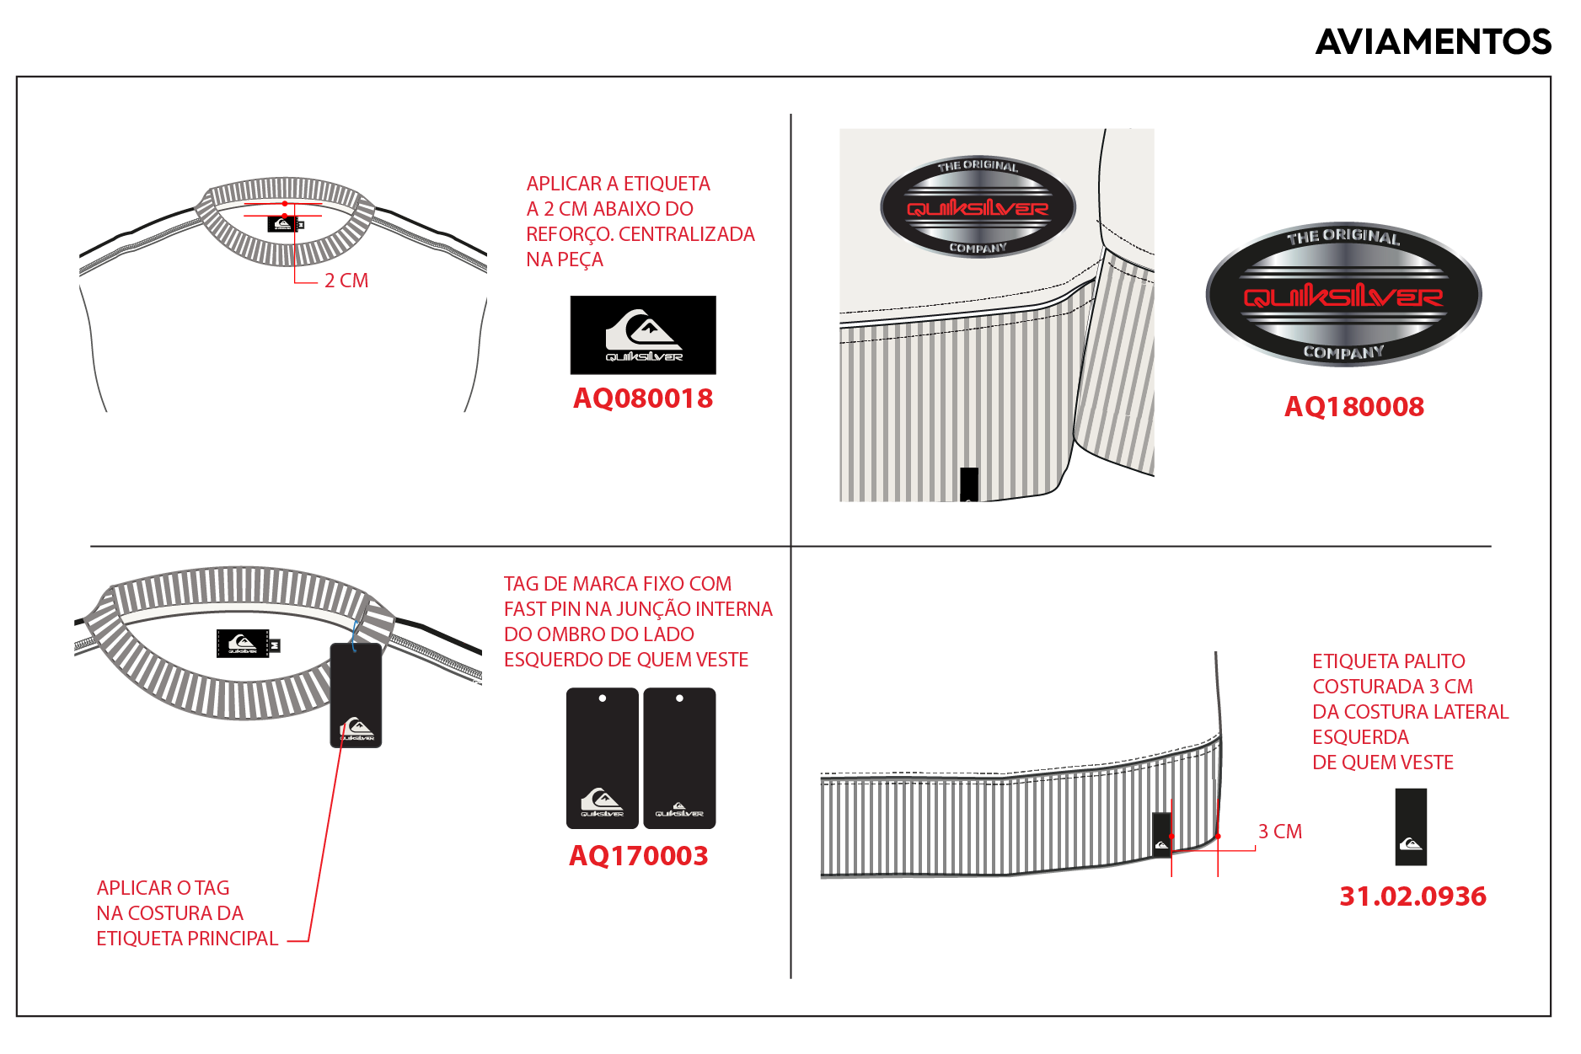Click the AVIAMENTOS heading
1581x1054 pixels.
click(x=1433, y=41)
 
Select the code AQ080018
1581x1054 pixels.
click(x=643, y=399)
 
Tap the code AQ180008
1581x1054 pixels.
click(x=1353, y=407)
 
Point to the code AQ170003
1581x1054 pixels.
click(x=639, y=856)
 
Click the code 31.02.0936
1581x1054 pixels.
click(x=1412, y=896)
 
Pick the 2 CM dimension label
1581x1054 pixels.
click(x=346, y=281)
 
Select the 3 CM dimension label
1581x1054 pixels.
click(x=1279, y=832)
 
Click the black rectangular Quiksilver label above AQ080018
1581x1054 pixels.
click(x=643, y=335)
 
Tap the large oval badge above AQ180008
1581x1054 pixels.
click(x=1343, y=294)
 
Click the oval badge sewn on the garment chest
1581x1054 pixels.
click(x=978, y=207)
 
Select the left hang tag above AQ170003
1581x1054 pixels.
click(x=602, y=758)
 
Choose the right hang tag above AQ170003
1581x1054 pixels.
click(x=679, y=758)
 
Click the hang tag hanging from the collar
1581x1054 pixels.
click(x=356, y=696)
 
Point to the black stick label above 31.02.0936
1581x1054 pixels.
click(x=1411, y=827)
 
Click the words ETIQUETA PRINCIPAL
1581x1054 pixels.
click(x=187, y=939)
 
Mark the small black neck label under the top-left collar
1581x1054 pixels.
click(x=283, y=224)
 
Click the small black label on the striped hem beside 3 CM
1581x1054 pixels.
click(x=1161, y=835)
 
